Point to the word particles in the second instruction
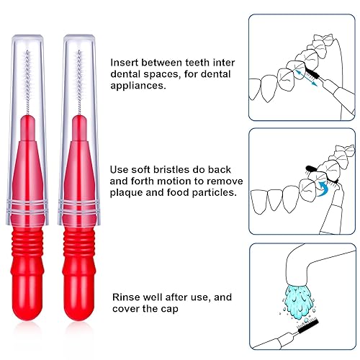pos(212,192)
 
